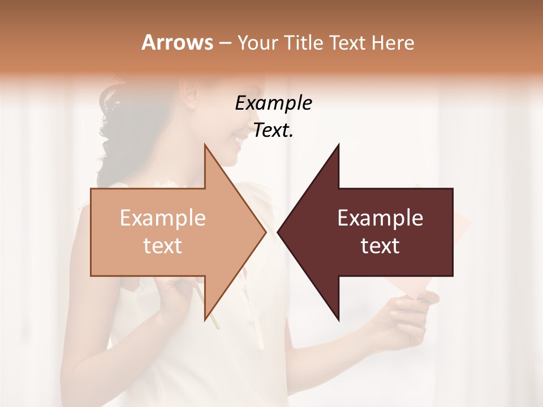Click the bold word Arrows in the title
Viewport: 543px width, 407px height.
pyautogui.click(x=177, y=42)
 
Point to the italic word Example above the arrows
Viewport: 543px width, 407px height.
pyautogui.click(x=273, y=103)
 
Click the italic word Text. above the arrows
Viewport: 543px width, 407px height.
pyautogui.click(x=273, y=131)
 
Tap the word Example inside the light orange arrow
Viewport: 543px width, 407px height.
pyautogui.click(x=163, y=218)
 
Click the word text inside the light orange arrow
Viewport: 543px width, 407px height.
pyautogui.click(x=163, y=246)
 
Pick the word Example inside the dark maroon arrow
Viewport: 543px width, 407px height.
pyautogui.click(x=380, y=218)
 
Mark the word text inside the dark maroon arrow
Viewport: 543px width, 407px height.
pyautogui.click(x=380, y=246)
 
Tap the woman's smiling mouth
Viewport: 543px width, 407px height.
pyautogui.click(x=237, y=138)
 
